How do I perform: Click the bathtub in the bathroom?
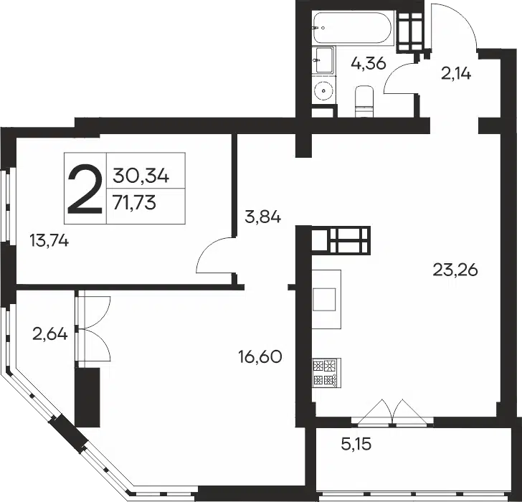coord(353,27)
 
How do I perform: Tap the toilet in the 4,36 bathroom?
coord(364,101)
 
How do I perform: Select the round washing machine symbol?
coord(323,90)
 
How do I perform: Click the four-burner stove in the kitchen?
coord(326,372)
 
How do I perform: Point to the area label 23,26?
coord(455,270)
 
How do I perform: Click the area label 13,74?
coord(49,240)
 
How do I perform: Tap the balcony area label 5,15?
coord(356,444)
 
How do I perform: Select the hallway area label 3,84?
coord(262,217)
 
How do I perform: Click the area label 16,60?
coord(260,356)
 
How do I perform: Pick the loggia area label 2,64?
coord(50,333)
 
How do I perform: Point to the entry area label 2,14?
coord(456,73)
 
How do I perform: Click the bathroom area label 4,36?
coord(369,63)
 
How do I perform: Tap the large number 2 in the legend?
coord(85,189)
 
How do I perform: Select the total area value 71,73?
coord(134,202)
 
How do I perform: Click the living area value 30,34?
coord(141,176)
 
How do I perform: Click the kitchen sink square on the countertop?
coord(324,299)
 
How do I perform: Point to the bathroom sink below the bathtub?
coord(323,60)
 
